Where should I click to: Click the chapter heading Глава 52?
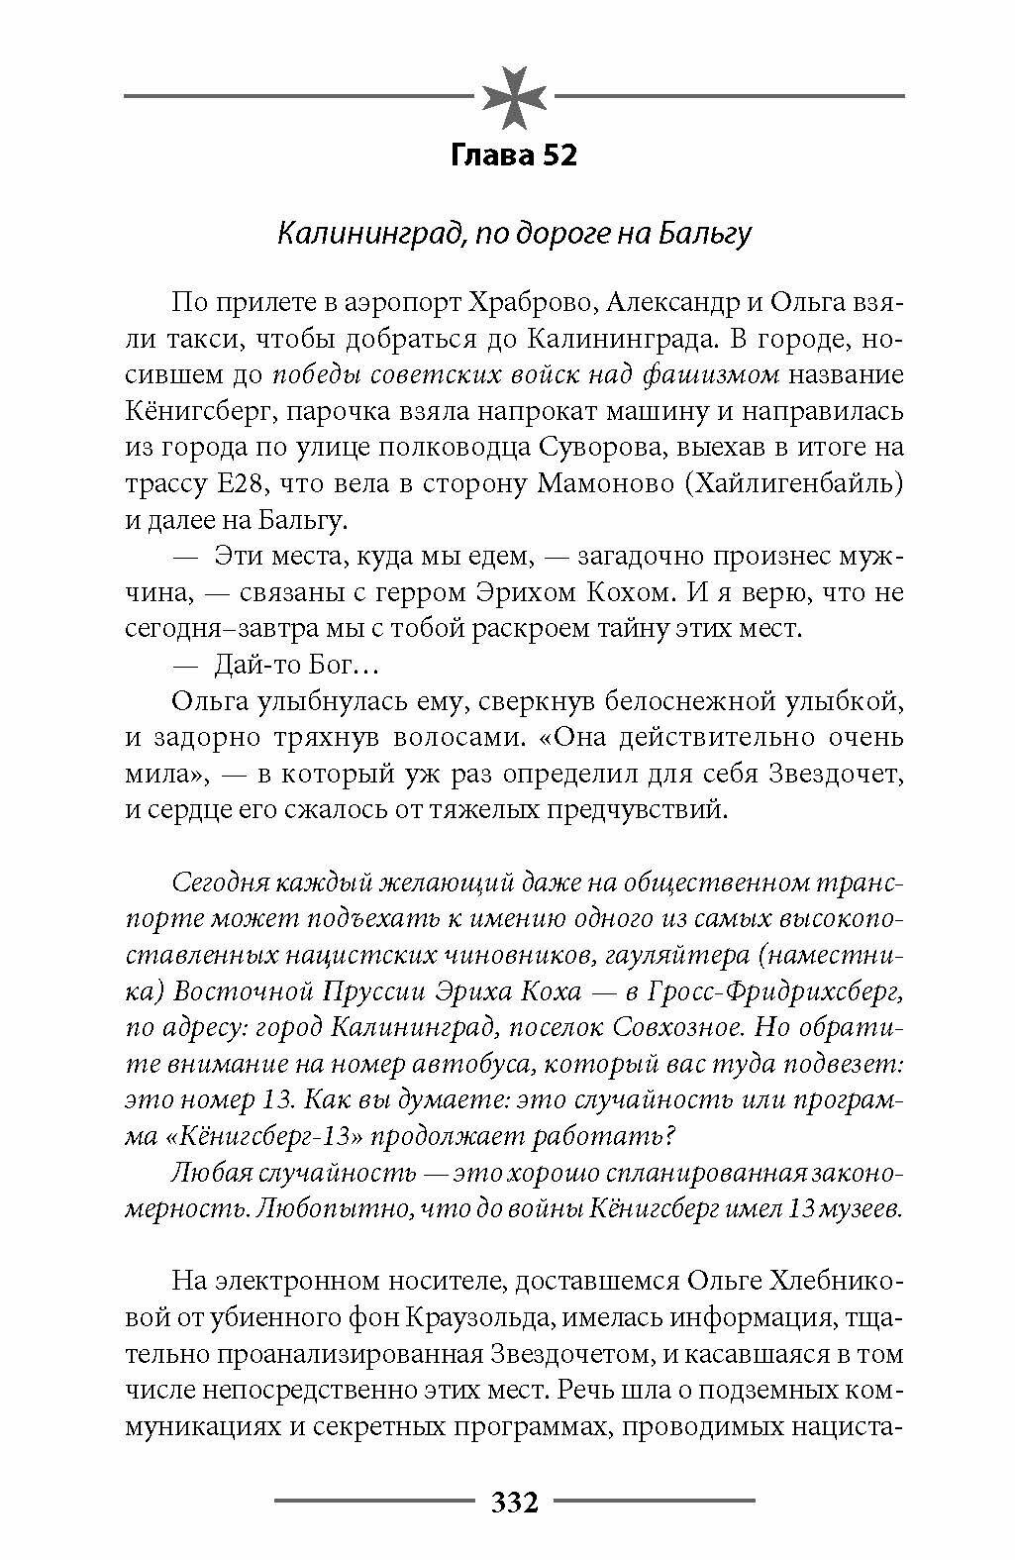(x=513, y=156)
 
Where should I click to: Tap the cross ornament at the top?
(x=514, y=95)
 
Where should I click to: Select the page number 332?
(x=514, y=1503)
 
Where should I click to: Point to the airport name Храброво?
(x=528, y=301)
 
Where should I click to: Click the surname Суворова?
(x=587, y=448)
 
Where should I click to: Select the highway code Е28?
(x=234, y=484)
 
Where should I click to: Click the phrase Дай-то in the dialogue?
(x=251, y=665)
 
